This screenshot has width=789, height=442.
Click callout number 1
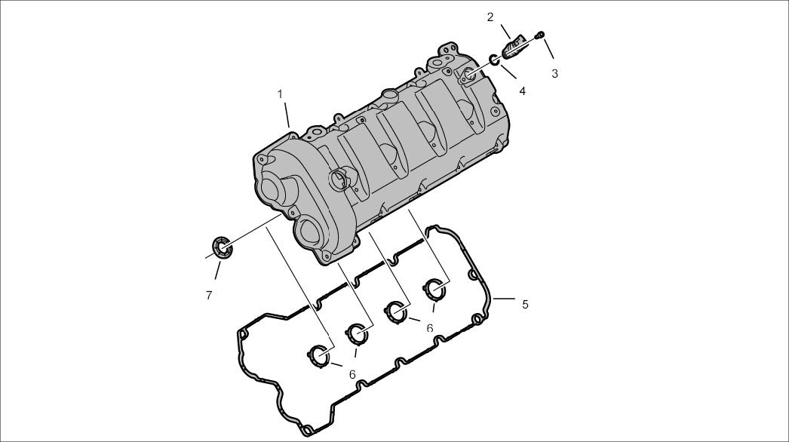click(280, 94)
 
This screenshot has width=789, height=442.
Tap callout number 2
click(490, 17)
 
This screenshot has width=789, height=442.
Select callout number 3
click(554, 73)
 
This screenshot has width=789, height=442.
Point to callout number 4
click(522, 91)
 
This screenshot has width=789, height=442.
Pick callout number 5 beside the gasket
click(525, 304)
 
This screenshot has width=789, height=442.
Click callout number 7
click(209, 296)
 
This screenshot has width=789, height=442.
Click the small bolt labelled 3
click(540, 34)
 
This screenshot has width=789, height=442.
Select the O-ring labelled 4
click(495, 60)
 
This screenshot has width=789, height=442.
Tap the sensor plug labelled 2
click(514, 46)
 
